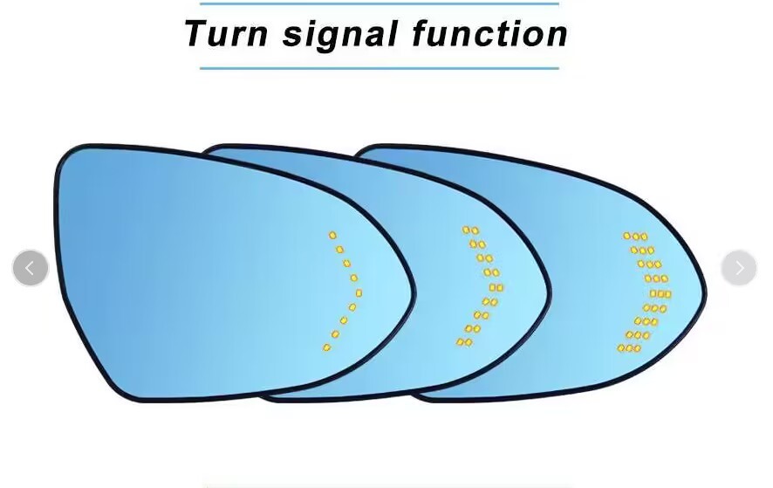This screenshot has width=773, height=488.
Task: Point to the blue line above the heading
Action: pyautogui.click(x=379, y=3)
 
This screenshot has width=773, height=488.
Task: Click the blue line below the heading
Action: pyautogui.click(x=379, y=67)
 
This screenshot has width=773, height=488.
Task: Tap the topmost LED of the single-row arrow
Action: pyautogui.click(x=332, y=235)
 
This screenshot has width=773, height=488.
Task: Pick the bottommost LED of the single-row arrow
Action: pyautogui.click(x=326, y=347)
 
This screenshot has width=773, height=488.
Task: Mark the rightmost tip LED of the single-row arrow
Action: pyautogui.click(x=359, y=292)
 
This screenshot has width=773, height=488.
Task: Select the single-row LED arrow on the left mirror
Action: pyautogui.click(x=345, y=291)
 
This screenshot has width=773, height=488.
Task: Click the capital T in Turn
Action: pyautogui.click(x=197, y=34)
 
